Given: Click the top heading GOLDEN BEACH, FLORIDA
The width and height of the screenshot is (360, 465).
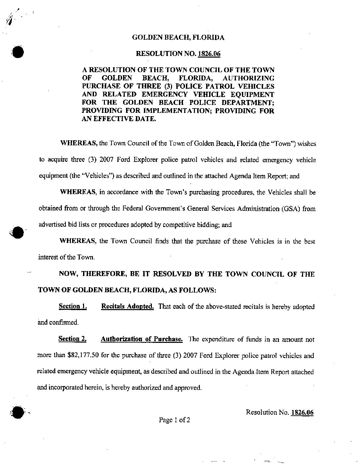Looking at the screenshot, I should click(178, 37).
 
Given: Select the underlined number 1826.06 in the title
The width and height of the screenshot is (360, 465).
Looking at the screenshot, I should click(209, 54).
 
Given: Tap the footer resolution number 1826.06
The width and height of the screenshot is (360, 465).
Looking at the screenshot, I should click(302, 412).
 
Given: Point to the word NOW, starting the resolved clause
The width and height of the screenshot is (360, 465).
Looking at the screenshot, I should click(68, 274).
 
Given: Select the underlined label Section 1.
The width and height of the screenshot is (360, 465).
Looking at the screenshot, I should click(72, 306).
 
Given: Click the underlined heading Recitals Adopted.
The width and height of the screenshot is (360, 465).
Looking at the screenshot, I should click(127, 306).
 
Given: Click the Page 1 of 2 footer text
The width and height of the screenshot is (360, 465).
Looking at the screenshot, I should click(174, 420).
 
